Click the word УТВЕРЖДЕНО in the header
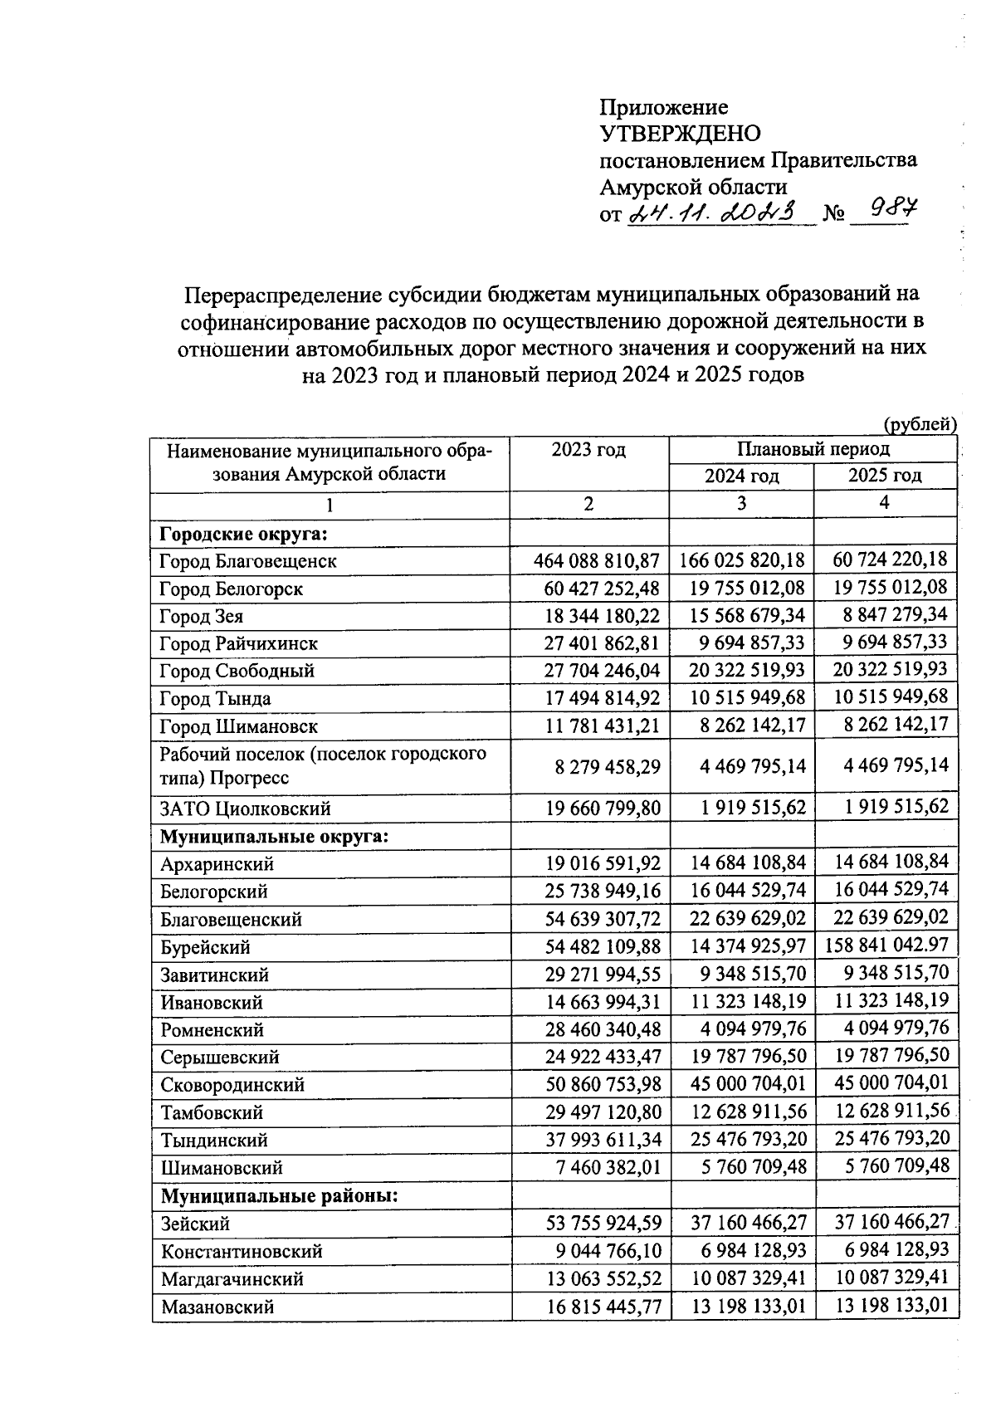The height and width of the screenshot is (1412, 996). click(x=680, y=134)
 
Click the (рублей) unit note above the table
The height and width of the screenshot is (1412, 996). click(x=920, y=424)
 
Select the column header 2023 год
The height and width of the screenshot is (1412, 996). click(x=588, y=450)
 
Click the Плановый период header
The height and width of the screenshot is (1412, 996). click(x=813, y=449)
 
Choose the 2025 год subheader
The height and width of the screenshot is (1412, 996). click(x=885, y=476)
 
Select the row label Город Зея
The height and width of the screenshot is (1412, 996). click(x=202, y=617)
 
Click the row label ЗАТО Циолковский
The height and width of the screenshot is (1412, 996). click(x=246, y=809)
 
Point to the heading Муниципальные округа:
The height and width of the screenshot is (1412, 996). click(x=275, y=836)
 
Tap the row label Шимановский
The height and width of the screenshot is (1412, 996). click(x=222, y=1168)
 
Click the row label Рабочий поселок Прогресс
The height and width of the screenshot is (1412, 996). click(x=323, y=766)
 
